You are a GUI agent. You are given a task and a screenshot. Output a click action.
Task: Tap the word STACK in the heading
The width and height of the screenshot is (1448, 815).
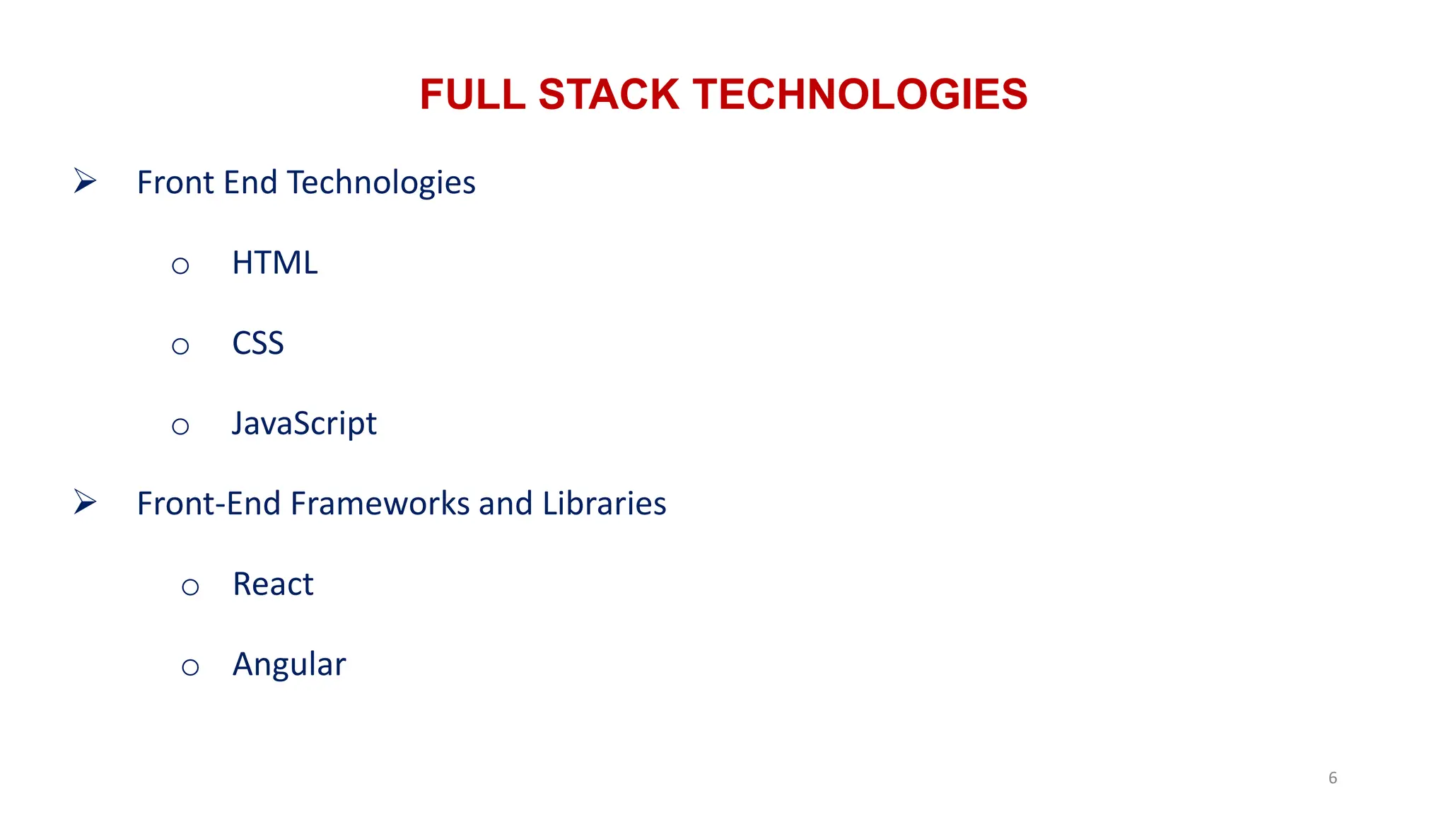pos(609,94)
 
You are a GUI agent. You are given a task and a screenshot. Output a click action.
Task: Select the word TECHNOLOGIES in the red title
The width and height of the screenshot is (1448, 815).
pos(860,94)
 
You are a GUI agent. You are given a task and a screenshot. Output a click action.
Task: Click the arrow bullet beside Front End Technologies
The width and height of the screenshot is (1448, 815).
pos(85,181)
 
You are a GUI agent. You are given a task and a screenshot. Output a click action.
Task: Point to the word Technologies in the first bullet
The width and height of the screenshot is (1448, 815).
pos(381,183)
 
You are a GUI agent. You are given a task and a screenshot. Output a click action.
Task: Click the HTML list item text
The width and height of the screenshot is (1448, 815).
pos(274,263)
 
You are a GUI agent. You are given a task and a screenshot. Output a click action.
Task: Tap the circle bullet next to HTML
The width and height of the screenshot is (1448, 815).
pos(180,266)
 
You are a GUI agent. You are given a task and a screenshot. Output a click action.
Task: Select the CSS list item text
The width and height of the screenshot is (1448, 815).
pos(257,343)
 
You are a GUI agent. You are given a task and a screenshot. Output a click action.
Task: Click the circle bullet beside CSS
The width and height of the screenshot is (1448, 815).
pos(180,346)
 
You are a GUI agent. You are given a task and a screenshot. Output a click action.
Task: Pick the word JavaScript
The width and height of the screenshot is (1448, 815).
pos(304,424)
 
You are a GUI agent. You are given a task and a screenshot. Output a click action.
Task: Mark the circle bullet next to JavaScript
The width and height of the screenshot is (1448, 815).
pos(180,427)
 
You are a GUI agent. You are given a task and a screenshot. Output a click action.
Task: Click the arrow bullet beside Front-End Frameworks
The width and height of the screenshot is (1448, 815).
pos(85,502)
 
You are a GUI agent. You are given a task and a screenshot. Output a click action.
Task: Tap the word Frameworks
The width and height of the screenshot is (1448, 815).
pos(380,504)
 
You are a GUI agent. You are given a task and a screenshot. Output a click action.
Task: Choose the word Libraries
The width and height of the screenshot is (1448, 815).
pos(604,504)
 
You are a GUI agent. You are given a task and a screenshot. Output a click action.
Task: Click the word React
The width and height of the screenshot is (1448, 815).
pos(273,584)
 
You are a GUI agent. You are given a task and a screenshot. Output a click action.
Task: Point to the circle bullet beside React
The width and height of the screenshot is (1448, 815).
pos(190,587)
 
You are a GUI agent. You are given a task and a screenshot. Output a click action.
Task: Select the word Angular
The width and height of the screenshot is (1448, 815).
pos(289,665)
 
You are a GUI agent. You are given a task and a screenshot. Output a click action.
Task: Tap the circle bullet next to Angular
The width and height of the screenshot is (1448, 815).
pos(190,667)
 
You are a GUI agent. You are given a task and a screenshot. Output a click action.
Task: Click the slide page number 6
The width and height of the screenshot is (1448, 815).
pos(1333,778)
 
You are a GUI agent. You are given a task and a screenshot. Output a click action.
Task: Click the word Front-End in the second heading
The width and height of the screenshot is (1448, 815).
pos(209,504)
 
